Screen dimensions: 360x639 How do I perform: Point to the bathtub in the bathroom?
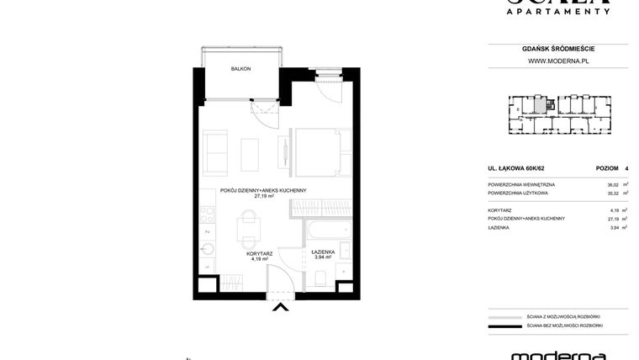pos(329,230)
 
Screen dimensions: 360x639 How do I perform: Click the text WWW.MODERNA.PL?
pos(557,61)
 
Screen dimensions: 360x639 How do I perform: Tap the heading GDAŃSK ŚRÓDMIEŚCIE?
pos(557,49)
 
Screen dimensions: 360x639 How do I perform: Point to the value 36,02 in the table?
pos(612,184)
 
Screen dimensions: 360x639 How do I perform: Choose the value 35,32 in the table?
pos(612,193)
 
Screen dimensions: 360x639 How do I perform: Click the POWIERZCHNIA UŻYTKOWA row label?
pos(518,193)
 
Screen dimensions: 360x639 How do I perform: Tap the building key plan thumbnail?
pos(557,114)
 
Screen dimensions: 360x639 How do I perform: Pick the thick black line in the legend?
pos(504,326)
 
